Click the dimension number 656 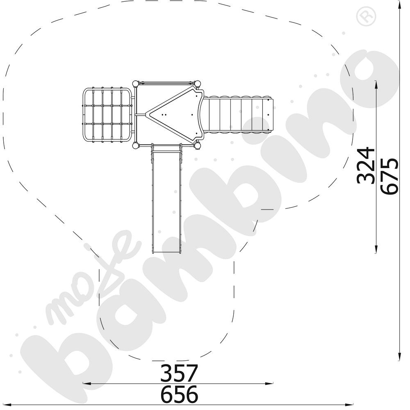[179, 394]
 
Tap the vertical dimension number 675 [389, 176]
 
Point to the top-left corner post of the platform [135, 84]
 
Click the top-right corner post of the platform [198, 84]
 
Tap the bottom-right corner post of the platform [198, 146]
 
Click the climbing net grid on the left [107, 115]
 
